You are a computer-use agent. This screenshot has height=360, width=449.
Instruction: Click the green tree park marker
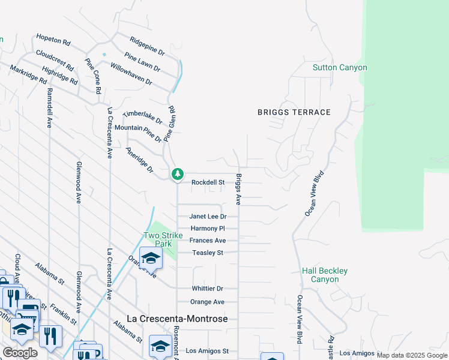[177, 174]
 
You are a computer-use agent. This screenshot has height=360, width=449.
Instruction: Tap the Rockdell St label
[208, 182]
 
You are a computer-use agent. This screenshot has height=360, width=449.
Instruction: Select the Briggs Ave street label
[238, 190]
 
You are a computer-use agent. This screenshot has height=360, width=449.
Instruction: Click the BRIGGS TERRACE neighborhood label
[294, 112]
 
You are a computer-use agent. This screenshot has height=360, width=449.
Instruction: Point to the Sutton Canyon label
[340, 68]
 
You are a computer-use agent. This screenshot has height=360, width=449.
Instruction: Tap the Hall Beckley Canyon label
[325, 275]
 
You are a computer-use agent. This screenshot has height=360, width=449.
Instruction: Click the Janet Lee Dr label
[208, 217]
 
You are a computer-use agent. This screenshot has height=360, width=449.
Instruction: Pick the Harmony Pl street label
[208, 229]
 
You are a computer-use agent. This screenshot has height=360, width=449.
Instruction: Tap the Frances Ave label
[208, 241]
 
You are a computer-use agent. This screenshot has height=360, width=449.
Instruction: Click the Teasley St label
[208, 253]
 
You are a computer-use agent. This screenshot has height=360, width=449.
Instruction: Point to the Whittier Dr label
[208, 289]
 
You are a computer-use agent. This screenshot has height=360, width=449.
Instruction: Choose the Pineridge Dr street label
[140, 160]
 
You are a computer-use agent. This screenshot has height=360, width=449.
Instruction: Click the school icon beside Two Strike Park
[151, 259]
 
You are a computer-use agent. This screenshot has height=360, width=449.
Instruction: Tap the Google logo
[20, 353]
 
